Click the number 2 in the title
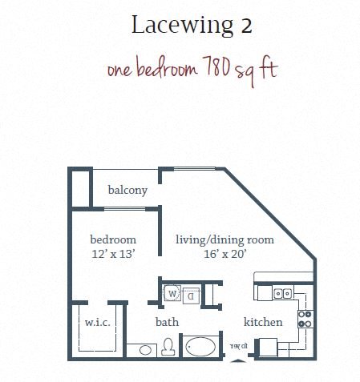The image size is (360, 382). tap(245, 26)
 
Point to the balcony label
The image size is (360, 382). tap(127, 191)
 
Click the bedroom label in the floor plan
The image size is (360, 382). tap(112, 239)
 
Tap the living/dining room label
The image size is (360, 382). tap(225, 239)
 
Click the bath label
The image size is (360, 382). tap(167, 322)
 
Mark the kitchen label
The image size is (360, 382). tap(263, 322)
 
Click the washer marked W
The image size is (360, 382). tap(172, 294)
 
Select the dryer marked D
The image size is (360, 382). tap(190, 294)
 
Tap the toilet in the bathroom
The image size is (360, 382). tap(168, 347)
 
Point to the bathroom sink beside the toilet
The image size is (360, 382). tap(145, 350)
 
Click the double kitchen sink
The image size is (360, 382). tap(282, 294)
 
